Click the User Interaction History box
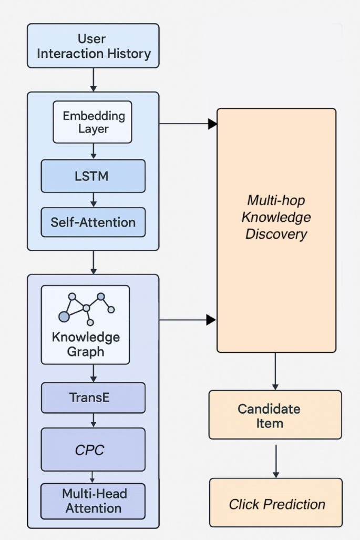pos(93,46)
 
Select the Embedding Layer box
pos(92,122)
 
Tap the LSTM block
pos(93,176)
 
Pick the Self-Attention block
pos(93,222)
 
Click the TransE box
pos(93,398)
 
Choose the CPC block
pos(93,449)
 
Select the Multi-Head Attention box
pos(93,501)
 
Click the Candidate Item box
pos(275,415)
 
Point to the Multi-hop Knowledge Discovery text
pos(276,217)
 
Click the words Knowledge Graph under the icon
pos(86,344)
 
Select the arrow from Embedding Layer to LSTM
pos(93,151)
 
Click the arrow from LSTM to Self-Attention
pos(93,200)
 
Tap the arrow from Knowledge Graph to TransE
pos(93,373)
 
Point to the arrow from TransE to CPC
pos(93,420)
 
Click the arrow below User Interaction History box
pos(93,80)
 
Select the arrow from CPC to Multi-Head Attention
pos(93,477)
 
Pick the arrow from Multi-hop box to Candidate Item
pos(275,371)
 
